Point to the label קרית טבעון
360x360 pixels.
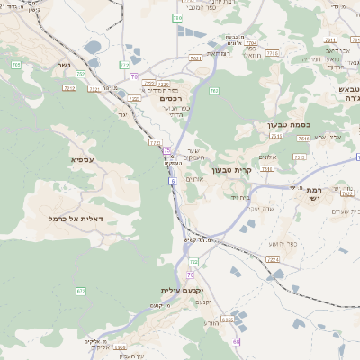pos(229,170)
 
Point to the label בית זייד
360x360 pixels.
pos(227,196)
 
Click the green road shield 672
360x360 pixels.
pos(80,291)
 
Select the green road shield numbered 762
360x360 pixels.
pos(213,91)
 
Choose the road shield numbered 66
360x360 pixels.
pos(237,342)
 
